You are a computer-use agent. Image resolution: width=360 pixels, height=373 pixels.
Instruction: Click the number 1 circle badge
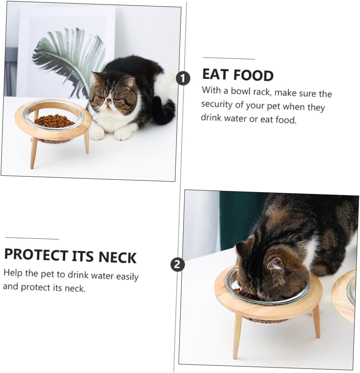coord(183,78)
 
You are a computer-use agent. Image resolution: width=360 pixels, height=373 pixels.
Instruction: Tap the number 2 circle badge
coord(177,264)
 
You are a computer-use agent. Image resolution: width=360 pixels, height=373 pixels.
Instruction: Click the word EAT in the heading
coord(215,74)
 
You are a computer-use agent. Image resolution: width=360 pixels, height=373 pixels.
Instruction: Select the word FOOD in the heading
coord(254,76)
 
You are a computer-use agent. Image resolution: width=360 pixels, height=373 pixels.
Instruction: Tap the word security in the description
coord(217,104)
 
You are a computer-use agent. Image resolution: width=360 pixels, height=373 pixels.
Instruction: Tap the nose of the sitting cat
coord(108,99)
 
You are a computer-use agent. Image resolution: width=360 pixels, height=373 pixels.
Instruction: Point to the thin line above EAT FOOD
coord(229,58)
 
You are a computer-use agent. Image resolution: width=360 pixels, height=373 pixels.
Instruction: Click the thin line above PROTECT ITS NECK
coord(32,239)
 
